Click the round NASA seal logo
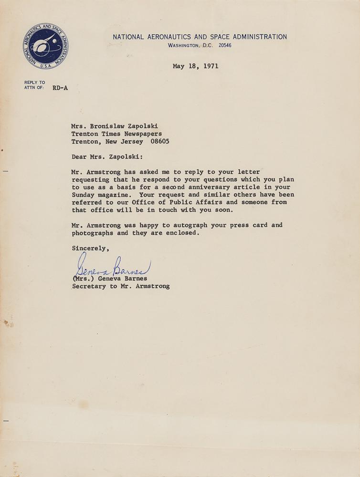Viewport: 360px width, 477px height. [x=45, y=46]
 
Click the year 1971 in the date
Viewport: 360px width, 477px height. [x=210, y=66]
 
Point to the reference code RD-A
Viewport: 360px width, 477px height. [x=60, y=88]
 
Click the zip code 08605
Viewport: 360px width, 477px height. [x=158, y=142]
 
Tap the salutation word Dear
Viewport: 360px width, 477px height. [x=80, y=156]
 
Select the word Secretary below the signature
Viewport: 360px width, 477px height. [x=89, y=287]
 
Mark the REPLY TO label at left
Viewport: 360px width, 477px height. [x=34, y=83]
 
